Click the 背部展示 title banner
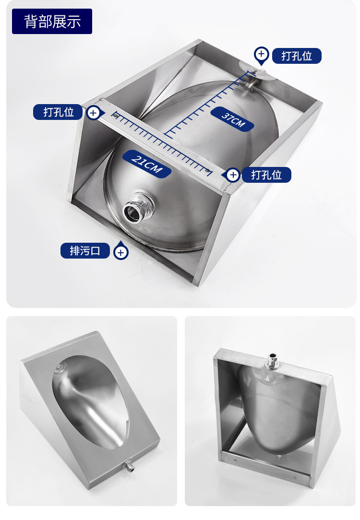coord(52,21)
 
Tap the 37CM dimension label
coord(233,119)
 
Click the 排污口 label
coord(85,250)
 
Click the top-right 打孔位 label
coord(297,56)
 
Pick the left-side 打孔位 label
coord(58,112)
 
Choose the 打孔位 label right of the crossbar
coord(266,175)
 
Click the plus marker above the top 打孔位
coord(262,54)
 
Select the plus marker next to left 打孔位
coord(94,113)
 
